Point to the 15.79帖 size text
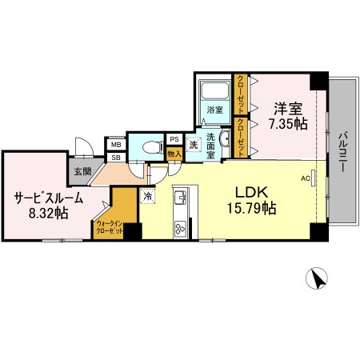tap(250, 209)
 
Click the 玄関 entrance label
tap(82, 171)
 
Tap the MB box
tap(116, 145)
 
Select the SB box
tap(116, 157)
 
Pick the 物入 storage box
tap(174, 153)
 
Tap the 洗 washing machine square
tap(194, 145)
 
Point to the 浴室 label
tap(214, 109)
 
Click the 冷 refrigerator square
tap(148, 194)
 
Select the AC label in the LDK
tap(305, 178)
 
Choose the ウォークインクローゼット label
tap(109, 226)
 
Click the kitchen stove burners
tap(179, 226)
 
